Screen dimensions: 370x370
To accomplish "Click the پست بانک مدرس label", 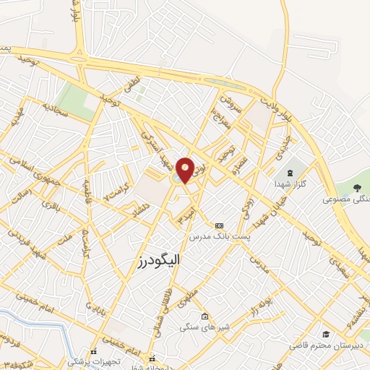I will pyautogui.click(x=219, y=236).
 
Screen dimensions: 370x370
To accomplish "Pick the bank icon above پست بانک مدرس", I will pyautogui.click(x=219, y=225).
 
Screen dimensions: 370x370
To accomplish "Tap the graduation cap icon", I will pyautogui.click(x=327, y=334).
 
